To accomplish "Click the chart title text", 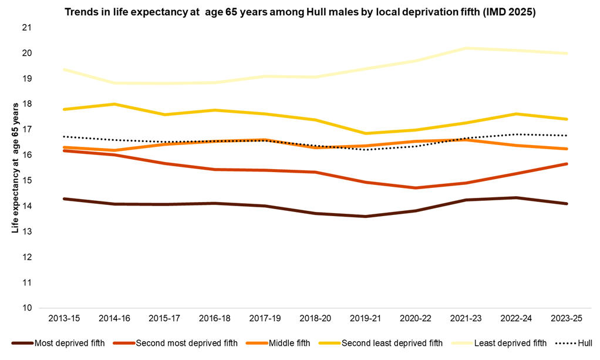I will pos(300,11).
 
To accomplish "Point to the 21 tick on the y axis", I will pos(28,28).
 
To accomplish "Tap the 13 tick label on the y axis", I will pos(28,231).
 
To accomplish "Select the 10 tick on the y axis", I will pos(28,308).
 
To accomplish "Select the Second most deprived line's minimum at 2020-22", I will pos(415,188).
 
